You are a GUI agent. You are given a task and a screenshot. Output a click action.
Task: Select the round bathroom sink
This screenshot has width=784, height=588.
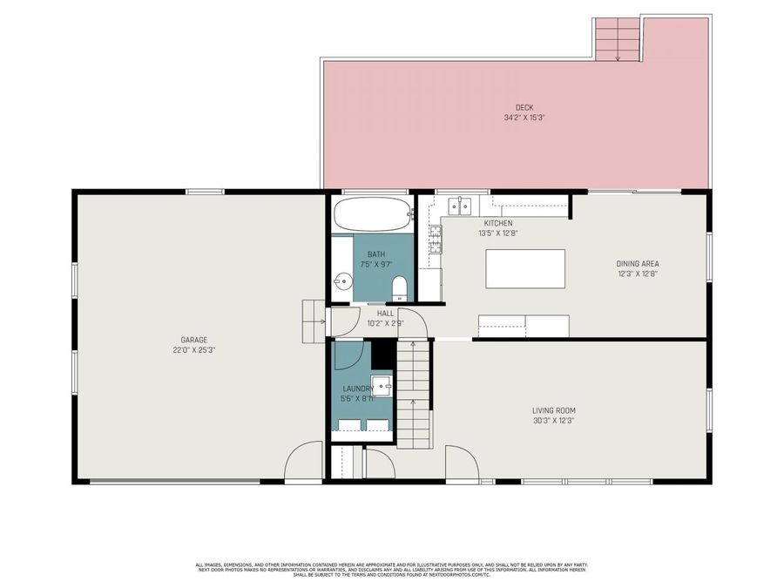pos(343,281)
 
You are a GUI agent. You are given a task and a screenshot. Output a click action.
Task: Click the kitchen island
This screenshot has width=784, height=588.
pos(524,269)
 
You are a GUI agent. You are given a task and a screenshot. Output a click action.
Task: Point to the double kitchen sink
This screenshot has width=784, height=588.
pos(460,206)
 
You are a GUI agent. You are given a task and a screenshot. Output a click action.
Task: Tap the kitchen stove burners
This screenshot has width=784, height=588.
pos(435,239)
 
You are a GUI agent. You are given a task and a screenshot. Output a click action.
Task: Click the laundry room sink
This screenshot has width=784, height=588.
pos(382,386)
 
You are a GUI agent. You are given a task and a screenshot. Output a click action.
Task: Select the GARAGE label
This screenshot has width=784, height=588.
pos(193,340)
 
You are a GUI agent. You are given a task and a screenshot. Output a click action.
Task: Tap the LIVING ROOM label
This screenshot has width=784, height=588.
pos(553,410)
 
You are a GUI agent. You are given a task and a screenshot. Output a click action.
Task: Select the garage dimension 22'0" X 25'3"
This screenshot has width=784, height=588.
pos(193,350)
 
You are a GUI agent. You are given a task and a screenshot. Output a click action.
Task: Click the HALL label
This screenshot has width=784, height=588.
pos(385,313)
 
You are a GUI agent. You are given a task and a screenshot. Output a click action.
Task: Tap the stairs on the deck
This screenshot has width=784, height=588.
pos(618,38)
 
